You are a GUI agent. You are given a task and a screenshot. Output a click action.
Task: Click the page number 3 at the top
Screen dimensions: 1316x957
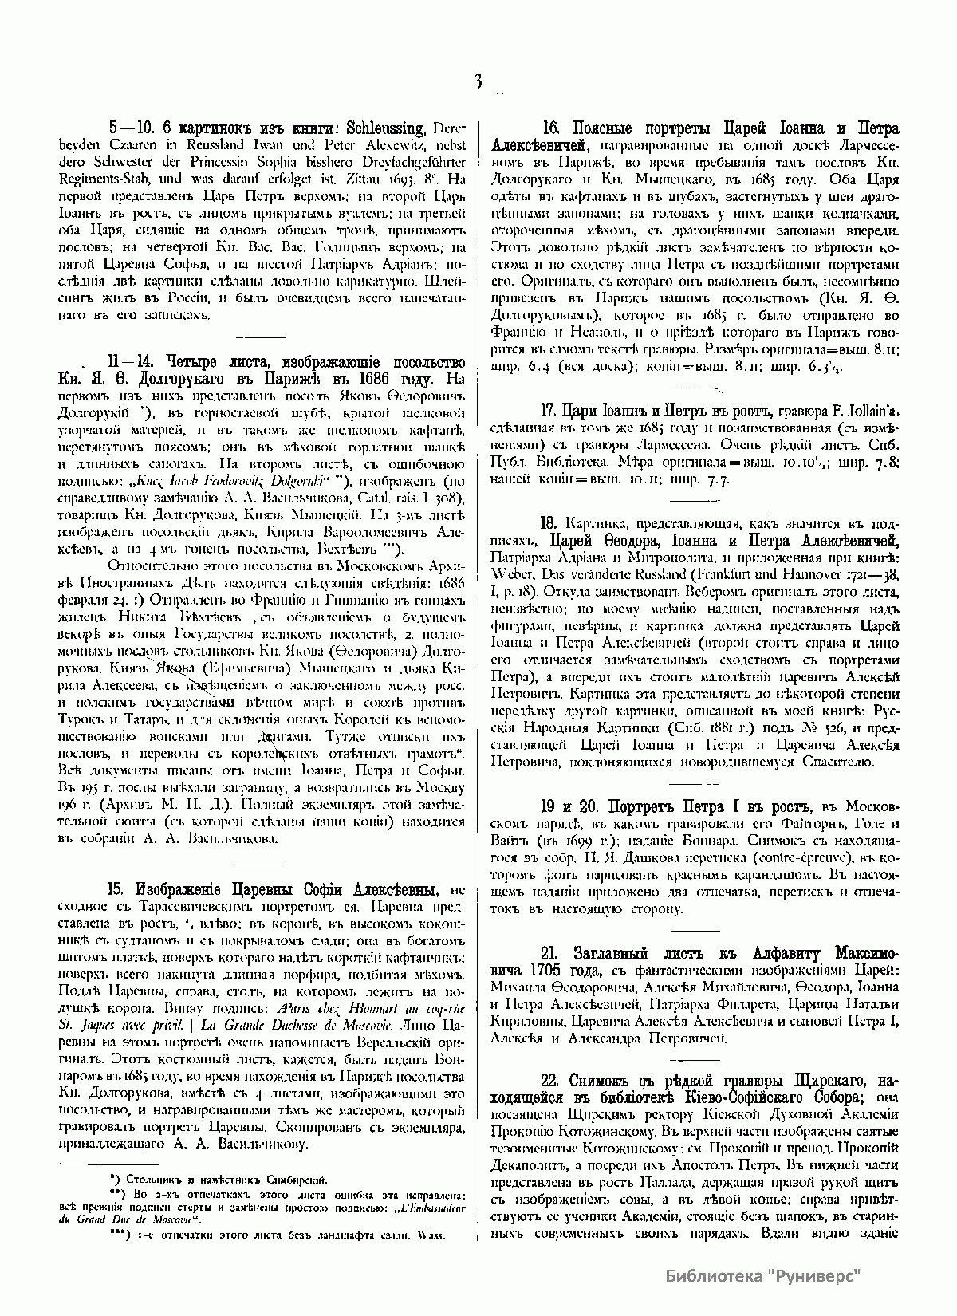(x=478, y=81)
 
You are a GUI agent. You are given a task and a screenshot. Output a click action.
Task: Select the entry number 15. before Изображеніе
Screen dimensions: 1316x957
(x=116, y=891)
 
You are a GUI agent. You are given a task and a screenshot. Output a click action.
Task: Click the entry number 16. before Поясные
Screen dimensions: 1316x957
(x=553, y=128)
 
